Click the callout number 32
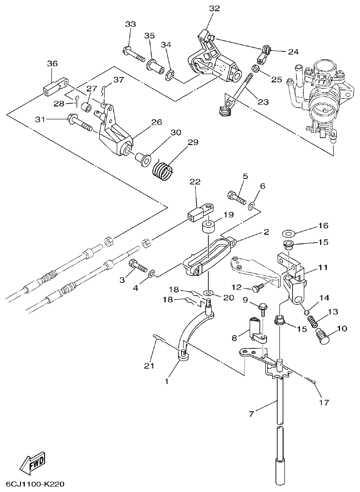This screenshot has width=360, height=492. (x=214, y=8)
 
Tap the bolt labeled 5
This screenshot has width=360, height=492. (x=235, y=197)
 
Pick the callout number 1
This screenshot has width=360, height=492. (x=167, y=381)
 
